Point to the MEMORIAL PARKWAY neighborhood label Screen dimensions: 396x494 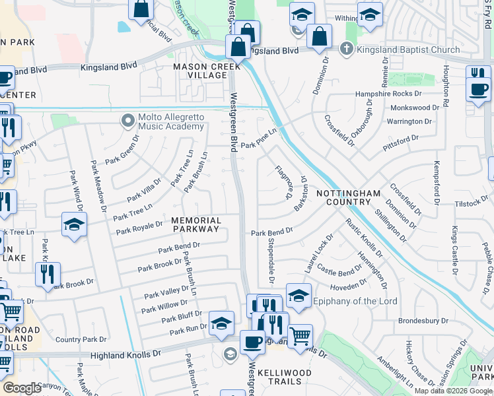[x=196, y=224]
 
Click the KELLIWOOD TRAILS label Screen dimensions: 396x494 [x=284, y=378]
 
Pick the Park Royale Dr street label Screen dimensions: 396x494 [x=139, y=228]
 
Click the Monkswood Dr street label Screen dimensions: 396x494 [x=415, y=108]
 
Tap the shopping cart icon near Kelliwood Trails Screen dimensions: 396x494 [x=300, y=337]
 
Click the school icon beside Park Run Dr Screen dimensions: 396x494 [x=221, y=323]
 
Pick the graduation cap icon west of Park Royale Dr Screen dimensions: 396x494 [x=74, y=225]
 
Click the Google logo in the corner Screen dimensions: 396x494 [x=22, y=388]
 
